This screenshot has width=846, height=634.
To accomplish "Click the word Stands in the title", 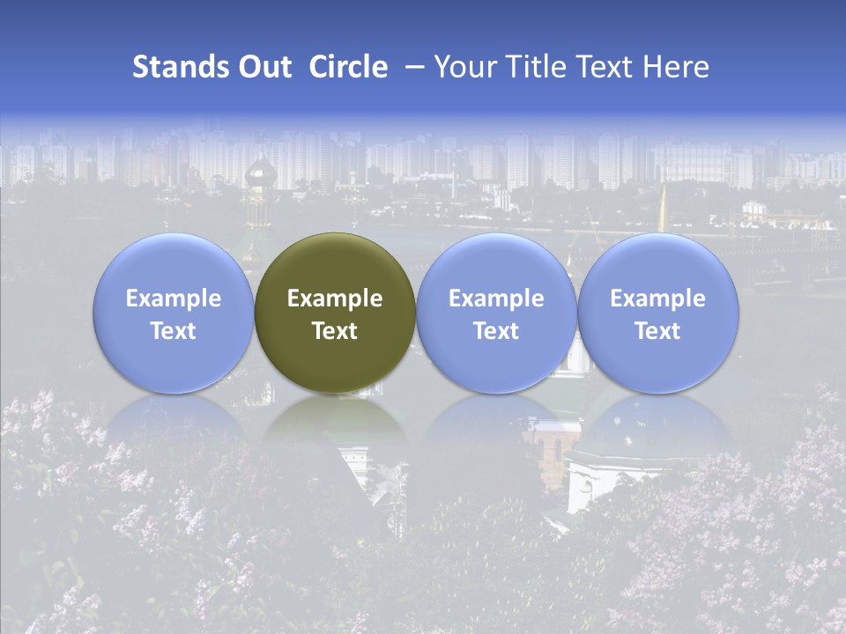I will pyautogui.click(x=174, y=67).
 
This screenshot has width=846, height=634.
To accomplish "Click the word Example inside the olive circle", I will pyautogui.click(x=335, y=299).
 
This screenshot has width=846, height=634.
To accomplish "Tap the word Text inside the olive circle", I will pyautogui.click(x=335, y=331).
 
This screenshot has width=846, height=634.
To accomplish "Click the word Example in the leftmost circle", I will pyautogui.click(x=174, y=299).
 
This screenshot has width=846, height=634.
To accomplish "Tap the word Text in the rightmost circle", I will pyautogui.click(x=658, y=331).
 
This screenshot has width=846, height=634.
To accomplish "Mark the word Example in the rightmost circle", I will pyautogui.click(x=658, y=299).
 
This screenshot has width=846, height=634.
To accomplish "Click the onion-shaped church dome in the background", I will pyautogui.click(x=260, y=171).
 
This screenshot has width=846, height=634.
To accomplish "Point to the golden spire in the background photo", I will pyautogui.click(x=663, y=206).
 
